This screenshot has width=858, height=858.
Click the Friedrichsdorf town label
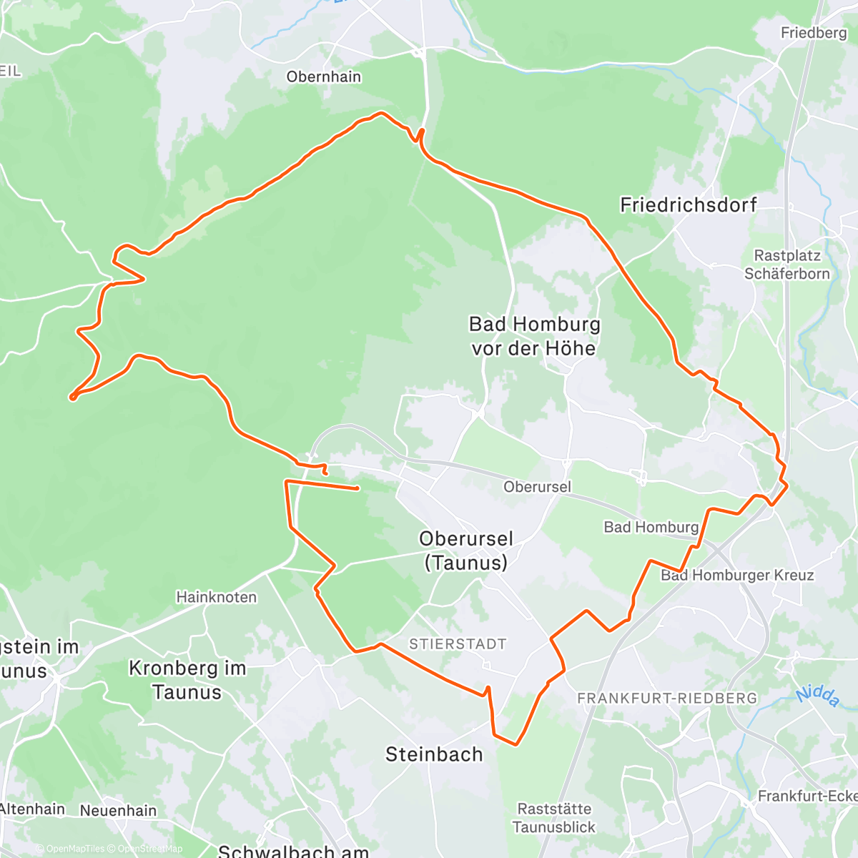[x=688, y=205]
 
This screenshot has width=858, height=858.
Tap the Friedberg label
[x=813, y=33]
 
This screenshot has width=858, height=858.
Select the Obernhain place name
[x=323, y=77]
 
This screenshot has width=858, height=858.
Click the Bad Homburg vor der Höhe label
[x=534, y=336]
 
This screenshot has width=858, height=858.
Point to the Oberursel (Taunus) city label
[x=466, y=551]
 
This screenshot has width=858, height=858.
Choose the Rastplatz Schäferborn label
[x=786, y=265]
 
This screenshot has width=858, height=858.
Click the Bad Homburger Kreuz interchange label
[x=736, y=575]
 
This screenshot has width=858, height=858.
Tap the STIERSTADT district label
[x=458, y=644]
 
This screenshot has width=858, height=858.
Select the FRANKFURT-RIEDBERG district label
[x=666, y=698]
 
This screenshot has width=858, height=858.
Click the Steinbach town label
[x=434, y=754]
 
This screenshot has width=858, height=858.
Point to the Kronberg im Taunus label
[x=187, y=680]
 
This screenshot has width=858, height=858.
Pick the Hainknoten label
[x=216, y=597]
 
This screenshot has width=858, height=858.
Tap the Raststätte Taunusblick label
[x=554, y=818]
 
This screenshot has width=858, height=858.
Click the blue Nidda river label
[x=817, y=696]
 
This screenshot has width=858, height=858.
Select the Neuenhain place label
[x=118, y=810]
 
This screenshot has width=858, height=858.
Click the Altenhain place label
[x=33, y=809]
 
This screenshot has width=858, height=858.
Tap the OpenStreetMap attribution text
[x=149, y=849]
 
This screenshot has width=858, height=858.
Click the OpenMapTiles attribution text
[x=74, y=849]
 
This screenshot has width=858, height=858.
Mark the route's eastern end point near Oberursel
[x=357, y=488]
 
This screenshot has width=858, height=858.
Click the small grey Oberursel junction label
[x=537, y=487]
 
